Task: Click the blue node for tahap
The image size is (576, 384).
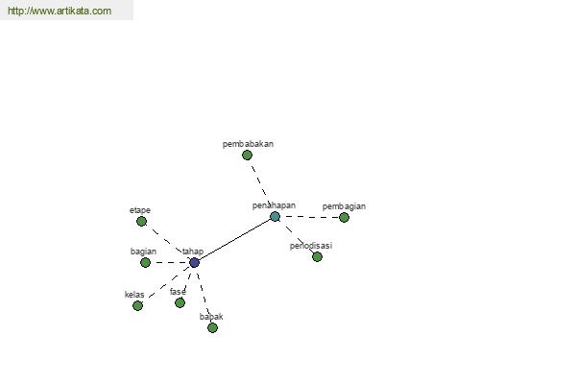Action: (194, 262)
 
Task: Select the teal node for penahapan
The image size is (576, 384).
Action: (275, 216)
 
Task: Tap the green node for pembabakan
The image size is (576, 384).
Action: (248, 156)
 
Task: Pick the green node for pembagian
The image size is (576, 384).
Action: (344, 218)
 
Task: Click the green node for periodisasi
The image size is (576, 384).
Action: (317, 256)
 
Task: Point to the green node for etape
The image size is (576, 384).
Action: (141, 221)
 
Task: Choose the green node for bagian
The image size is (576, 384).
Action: (146, 262)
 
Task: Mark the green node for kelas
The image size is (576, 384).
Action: (137, 305)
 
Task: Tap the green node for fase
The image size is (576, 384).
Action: (180, 302)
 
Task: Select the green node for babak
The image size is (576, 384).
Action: (212, 327)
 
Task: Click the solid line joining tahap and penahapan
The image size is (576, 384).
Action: (235, 240)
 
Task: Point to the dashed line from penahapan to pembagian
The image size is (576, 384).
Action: (309, 217)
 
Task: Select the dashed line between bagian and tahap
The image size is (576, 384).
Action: (170, 262)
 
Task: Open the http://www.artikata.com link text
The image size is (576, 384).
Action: (60, 11)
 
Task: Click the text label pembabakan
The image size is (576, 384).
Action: (248, 144)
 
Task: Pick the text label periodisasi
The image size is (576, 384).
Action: (311, 246)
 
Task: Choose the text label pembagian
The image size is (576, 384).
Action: (344, 206)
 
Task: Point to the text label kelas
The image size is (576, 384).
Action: (134, 295)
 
